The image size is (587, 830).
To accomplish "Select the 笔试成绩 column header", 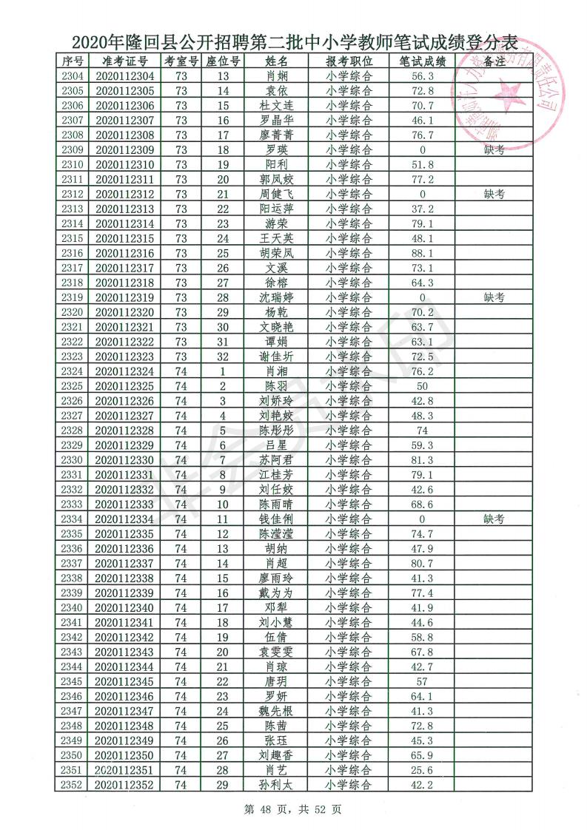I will [422, 61].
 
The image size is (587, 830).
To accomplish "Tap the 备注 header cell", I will [494, 61].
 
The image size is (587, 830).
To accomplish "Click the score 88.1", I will [422, 253].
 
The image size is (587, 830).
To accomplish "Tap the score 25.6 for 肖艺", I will [422, 770].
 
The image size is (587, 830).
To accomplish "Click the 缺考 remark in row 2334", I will [494, 519].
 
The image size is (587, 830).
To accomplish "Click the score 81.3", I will [422, 460].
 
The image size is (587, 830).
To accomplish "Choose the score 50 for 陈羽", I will [422, 386].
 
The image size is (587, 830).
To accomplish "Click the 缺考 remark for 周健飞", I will [494, 194].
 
